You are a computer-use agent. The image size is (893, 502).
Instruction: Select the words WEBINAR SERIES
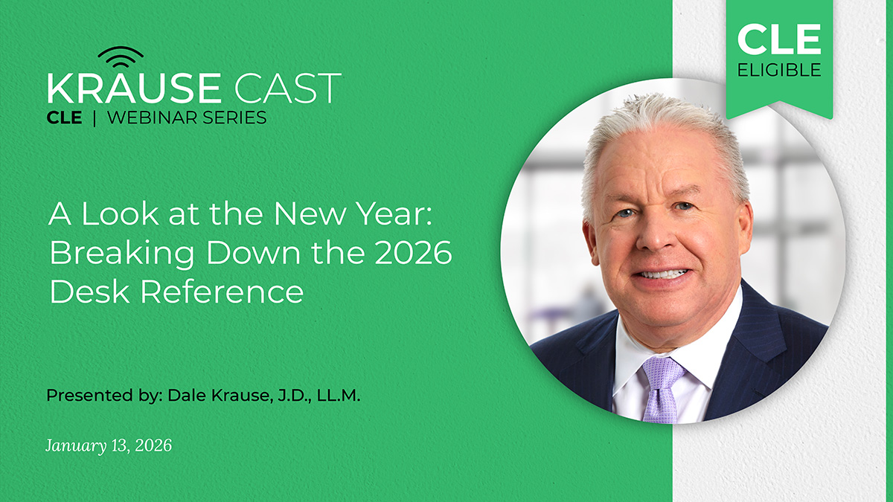(186, 118)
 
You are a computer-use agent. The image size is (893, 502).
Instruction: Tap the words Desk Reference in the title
(176, 292)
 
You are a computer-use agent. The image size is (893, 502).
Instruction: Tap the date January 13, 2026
(109, 445)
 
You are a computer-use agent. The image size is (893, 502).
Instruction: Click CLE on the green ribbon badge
(779, 39)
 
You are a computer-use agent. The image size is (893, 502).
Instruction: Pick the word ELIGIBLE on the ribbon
(779, 70)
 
